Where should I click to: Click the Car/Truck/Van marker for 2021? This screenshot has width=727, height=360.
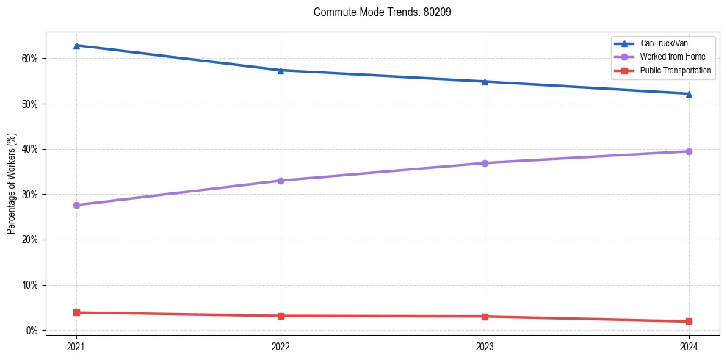tap(76, 46)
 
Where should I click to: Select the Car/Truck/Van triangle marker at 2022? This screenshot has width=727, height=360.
tap(281, 71)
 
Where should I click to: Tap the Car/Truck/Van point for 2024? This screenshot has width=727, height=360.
tap(689, 94)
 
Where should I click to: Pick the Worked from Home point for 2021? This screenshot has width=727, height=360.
tap(76, 205)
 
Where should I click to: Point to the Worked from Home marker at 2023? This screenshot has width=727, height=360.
tap(485, 163)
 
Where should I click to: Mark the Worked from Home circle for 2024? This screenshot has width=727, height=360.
tap(689, 151)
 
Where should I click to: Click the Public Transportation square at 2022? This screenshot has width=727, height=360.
tap(281, 316)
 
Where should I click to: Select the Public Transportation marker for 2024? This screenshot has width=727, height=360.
tap(689, 321)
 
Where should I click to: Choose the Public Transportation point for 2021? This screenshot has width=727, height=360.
tap(76, 312)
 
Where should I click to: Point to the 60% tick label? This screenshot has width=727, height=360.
tap(29, 59)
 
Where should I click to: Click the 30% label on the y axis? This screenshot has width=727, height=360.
tap(29, 195)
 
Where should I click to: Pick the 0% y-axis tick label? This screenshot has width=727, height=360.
tap(31, 331)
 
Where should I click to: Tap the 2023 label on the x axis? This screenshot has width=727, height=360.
tap(485, 345)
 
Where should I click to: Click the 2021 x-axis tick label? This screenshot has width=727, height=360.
tap(76, 345)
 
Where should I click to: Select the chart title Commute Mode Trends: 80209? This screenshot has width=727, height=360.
tap(377, 12)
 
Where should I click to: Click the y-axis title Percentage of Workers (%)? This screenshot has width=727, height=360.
tap(12, 184)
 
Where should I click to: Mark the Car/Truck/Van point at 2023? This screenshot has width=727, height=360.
tap(485, 82)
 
